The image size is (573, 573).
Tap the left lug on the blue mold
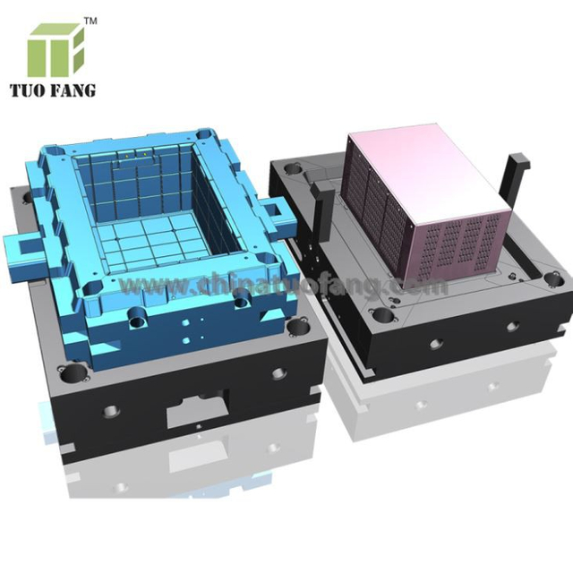pyautogui.click(x=23, y=243)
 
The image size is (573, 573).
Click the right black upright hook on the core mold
pyautogui.click(x=516, y=179)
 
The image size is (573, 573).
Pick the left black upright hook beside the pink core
pyautogui.click(x=327, y=184)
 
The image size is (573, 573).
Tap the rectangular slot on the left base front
pyautogui.click(x=192, y=411)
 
